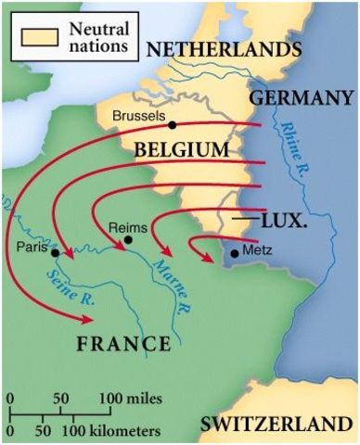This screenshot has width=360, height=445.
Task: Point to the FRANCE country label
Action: (x=123, y=344)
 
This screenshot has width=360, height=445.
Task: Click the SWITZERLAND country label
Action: (x=277, y=425)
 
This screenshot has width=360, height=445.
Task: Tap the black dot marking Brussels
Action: (x=173, y=124)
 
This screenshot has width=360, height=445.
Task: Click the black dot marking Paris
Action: (x=57, y=252)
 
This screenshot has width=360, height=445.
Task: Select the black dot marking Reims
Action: (x=128, y=239)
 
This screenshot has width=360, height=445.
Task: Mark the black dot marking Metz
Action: (x=233, y=251)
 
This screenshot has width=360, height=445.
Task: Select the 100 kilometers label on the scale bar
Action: (x=112, y=431)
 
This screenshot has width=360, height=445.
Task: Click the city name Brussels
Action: (x=138, y=116)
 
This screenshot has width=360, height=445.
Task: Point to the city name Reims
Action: (x=128, y=226)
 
